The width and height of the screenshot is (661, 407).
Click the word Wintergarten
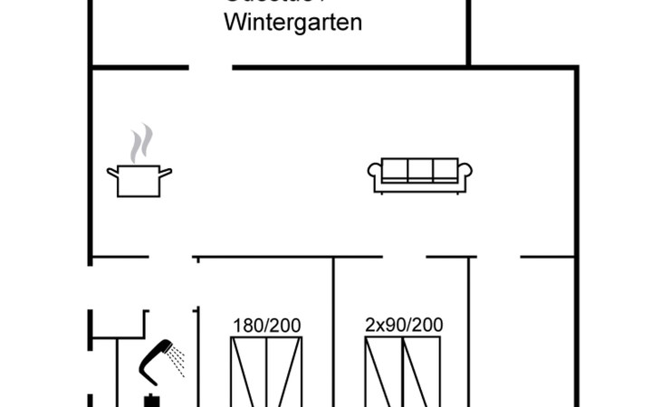292,23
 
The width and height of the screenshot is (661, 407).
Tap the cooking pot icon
139,180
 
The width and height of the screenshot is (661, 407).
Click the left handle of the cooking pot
112,171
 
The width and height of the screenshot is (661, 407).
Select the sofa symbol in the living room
420,175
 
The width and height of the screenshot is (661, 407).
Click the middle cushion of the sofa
420,170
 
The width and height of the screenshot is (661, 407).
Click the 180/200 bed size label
266,326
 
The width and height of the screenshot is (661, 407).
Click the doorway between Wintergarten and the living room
210,67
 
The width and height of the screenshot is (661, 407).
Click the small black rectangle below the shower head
151,401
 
